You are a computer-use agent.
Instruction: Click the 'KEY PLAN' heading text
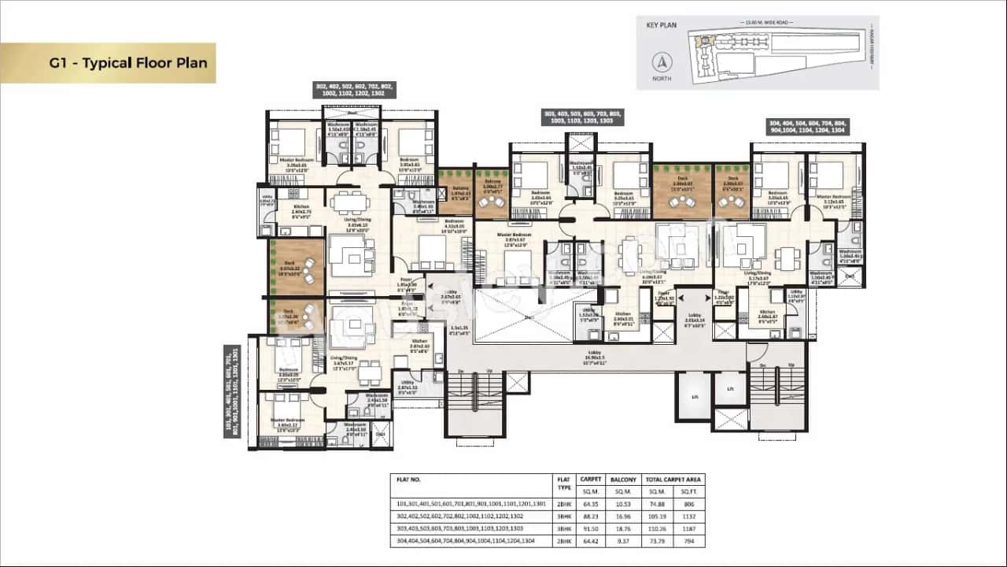click(662, 25)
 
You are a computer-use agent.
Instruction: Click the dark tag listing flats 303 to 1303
click(584, 117)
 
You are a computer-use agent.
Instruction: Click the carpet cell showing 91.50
click(590, 528)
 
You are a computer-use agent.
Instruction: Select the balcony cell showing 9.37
click(622, 541)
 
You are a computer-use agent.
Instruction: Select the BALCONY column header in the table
click(622, 478)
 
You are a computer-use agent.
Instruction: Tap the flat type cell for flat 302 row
click(563, 516)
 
